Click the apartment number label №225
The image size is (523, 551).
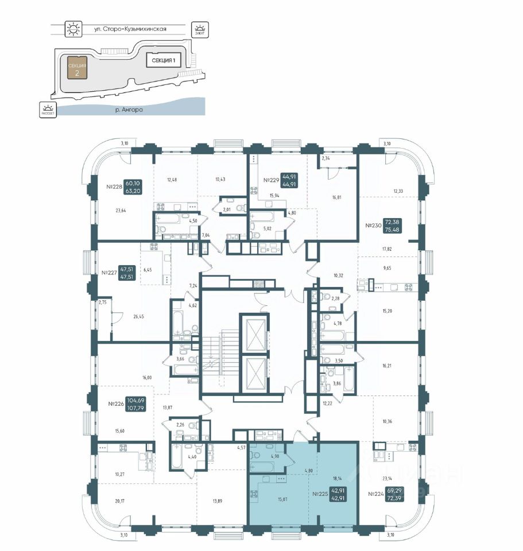click(319, 493)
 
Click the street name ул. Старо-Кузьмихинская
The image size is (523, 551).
click(130, 28)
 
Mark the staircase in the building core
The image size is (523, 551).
click(212, 356)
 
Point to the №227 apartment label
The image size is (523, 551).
click(109, 273)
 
